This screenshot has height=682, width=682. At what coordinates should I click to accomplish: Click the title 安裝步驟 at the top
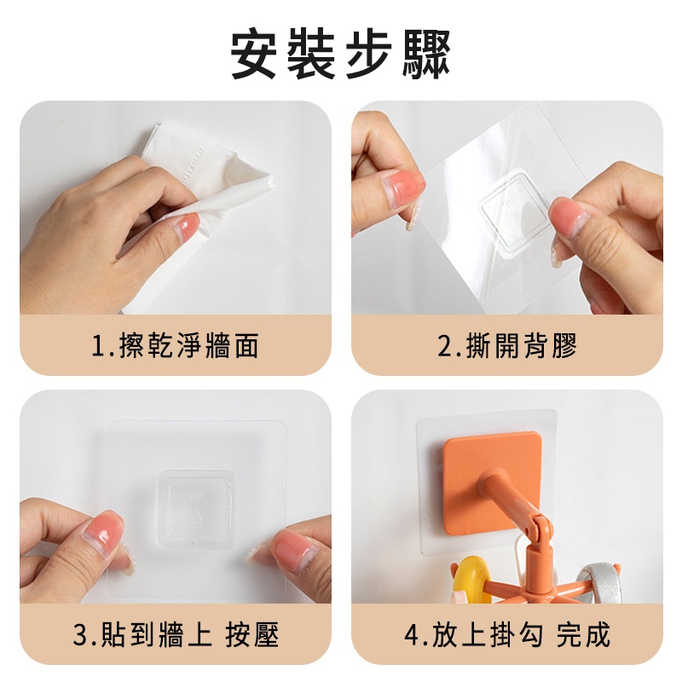pyautogui.click(x=340, y=54)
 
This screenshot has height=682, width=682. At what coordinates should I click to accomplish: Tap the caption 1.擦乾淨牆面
pyautogui.click(x=176, y=346)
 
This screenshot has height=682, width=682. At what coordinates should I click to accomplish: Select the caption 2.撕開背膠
pyautogui.click(x=507, y=346)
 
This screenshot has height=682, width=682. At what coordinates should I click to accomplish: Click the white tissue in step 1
pyautogui.click(x=205, y=187)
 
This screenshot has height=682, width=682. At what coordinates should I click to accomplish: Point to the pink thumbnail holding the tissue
pyautogui.click(x=188, y=224)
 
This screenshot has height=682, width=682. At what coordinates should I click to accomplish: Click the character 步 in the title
pyautogui.click(x=369, y=54)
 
